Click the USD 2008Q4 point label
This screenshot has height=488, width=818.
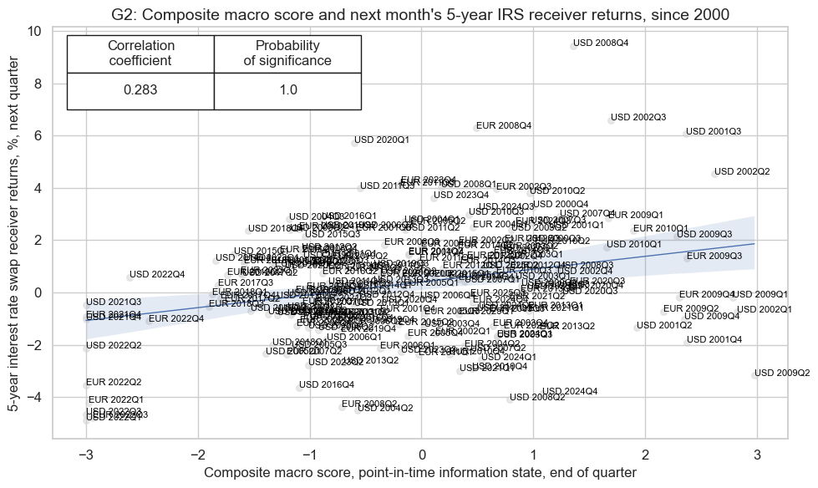tap(599, 43)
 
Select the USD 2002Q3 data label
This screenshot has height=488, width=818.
tap(638, 118)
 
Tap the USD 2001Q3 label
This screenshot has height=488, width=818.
tap(713, 132)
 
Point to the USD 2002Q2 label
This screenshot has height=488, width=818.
tap(742, 171)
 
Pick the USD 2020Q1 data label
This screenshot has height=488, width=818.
tap(382, 140)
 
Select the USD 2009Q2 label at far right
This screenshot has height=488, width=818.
tap(782, 373)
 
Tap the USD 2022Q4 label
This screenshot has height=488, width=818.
tap(157, 274)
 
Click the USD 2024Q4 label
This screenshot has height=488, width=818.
tap(570, 391)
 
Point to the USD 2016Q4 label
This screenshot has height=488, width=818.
tap(327, 384)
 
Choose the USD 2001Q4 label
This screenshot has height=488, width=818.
tap(714, 340)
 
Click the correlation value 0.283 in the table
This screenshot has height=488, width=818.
tap(140, 90)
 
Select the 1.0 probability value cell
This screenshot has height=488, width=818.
tap(287, 90)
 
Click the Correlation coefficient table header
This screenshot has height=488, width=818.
tap(140, 53)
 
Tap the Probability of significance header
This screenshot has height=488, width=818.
tap(287, 53)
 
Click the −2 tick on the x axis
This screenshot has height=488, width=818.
tap(198, 453)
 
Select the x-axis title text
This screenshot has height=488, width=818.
tap(420, 473)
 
